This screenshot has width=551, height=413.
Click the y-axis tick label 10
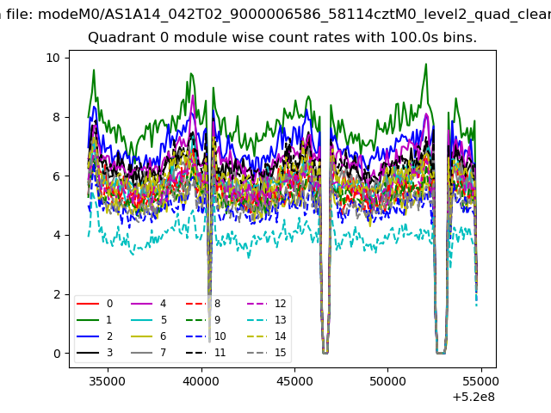pyautogui.click(x=53, y=58)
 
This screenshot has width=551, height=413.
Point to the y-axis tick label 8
pyautogui.click(x=57, y=117)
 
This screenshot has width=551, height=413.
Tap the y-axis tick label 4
pyautogui.click(x=57, y=235)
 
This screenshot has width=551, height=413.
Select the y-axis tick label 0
pyautogui.click(x=57, y=354)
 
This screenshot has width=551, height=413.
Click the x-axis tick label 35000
pyautogui.click(x=107, y=381)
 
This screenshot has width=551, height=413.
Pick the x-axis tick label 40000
pyautogui.click(x=201, y=381)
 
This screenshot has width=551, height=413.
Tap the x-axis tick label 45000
pyautogui.click(x=294, y=381)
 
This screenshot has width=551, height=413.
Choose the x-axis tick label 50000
pyautogui.click(x=387, y=381)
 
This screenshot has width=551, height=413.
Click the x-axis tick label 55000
pyautogui.click(x=480, y=381)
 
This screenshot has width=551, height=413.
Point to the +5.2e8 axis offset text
pyautogui.click(x=474, y=398)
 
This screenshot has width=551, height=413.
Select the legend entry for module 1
pyautogui.click(x=95, y=320)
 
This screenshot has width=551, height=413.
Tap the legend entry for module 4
pyautogui.click(x=149, y=304)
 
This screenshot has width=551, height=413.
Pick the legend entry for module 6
pyautogui.click(x=149, y=336)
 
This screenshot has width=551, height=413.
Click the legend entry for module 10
pyautogui.click(x=206, y=336)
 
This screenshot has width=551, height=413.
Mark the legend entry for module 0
pyautogui.click(x=95, y=304)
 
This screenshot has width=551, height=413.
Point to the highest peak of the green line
pyautogui.click(x=426, y=64)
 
